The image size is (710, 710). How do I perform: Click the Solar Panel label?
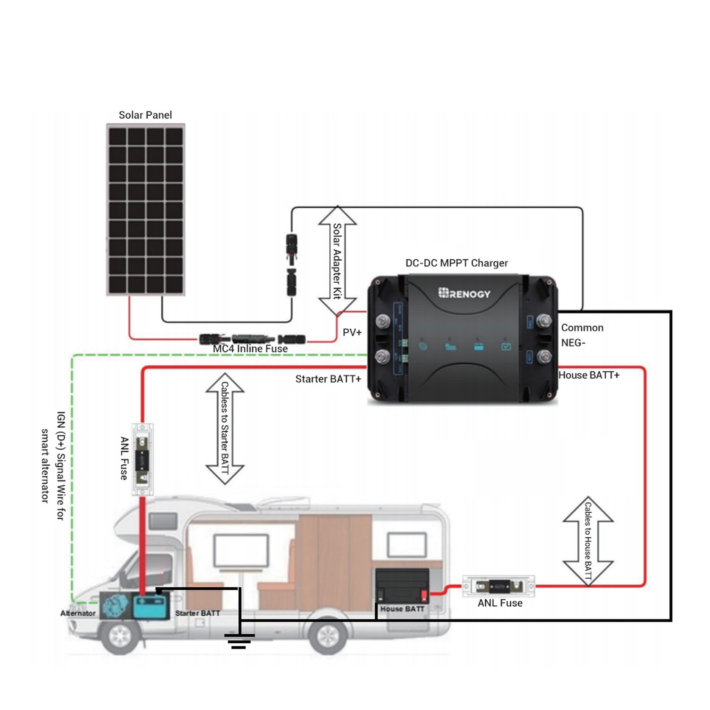[x=145, y=115]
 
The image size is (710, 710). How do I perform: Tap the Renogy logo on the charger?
[x=464, y=293]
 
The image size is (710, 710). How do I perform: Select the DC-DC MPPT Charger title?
[x=457, y=263]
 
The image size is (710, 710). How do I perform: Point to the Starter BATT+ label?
[x=328, y=379]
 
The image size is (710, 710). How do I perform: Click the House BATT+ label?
[x=589, y=375]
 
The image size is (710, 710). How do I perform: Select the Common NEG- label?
[x=582, y=335]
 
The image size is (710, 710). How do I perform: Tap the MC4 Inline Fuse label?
[x=250, y=349]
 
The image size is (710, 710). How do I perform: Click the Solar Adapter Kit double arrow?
[x=337, y=261]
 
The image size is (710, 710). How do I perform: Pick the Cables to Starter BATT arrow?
[x=225, y=428]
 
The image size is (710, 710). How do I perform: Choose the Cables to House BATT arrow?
[x=588, y=541]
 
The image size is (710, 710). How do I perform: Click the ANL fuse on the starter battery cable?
[x=142, y=459]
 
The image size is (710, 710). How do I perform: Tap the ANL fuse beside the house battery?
[x=498, y=586]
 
